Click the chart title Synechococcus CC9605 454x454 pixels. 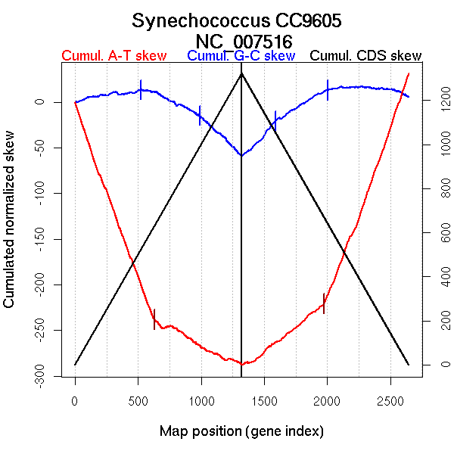pyautogui.click(x=241, y=20)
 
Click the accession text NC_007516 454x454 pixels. pyautogui.click(x=241, y=40)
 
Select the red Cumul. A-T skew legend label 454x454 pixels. pyautogui.click(x=113, y=56)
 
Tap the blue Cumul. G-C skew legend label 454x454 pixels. pyautogui.click(x=241, y=56)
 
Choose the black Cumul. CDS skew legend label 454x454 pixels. pyautogui.click(x=366, y=56)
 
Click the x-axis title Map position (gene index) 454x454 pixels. pyautogui.click(x=241, y=431)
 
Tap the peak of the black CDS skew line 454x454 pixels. pyautogui.click(x=241, y=73)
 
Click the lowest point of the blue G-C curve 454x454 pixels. pyautogui.click(x=241, y=155)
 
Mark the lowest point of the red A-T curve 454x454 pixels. pyautogui.click(x=241, y=364)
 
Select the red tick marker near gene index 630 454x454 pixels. pyautogui.click(x=154, y=319)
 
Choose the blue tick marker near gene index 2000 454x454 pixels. pyautogui.click(x=328, y=90)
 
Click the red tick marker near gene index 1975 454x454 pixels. pyautogui.click(x=324, y=303)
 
